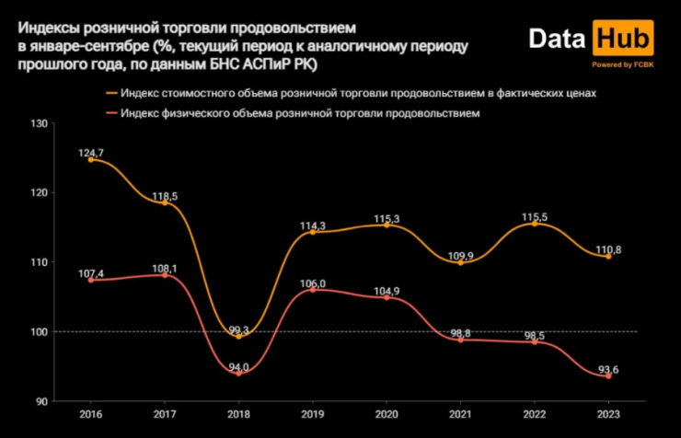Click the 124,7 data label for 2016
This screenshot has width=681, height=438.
[90, 150]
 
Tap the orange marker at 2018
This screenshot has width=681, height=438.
[239, 336]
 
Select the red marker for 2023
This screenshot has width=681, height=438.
[608, 375]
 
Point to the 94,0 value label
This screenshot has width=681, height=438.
[238, 364]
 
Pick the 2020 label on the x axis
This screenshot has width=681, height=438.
[387, 415]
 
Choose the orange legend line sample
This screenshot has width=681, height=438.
[114, 93]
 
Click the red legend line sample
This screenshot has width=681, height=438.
[114, 112]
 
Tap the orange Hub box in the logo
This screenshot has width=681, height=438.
[624, 40]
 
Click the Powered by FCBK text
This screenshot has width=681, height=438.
[624, 64]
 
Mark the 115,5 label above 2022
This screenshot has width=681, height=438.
[534, 216]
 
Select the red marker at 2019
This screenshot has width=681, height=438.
[313, 290]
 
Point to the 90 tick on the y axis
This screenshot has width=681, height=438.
[41, 401]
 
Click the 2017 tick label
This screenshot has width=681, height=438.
[165, 415]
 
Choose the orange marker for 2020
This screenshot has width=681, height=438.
[387, 225]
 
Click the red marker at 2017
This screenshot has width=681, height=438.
[165, 275]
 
